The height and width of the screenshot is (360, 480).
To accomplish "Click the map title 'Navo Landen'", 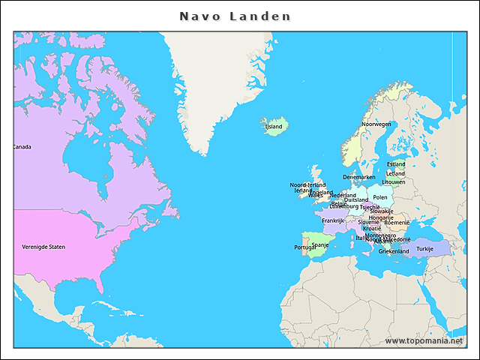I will coord(235,16).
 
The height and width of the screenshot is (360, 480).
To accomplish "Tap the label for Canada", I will coord(22,147).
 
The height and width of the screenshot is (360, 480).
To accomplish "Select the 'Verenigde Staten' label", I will coord(43,247).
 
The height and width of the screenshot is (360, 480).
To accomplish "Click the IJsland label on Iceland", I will coord(274,127).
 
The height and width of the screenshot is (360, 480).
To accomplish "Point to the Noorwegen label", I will coord(376,124).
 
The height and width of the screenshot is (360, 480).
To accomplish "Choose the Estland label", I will coord(396,164).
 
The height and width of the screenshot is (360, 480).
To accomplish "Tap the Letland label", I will coord(395,173).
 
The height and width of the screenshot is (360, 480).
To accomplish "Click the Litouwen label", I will coord(394,182).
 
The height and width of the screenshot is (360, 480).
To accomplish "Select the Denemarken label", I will coord(359,177).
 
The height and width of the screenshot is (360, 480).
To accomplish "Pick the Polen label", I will coord(380,197).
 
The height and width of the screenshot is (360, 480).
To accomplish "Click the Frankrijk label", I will coord(333,220).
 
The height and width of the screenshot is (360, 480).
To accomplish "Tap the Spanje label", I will coord(320,244).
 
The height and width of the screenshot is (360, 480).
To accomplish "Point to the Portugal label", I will coord(304,247).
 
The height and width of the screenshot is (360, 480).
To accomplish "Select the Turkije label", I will coord(425,248).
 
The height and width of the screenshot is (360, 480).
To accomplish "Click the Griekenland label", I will coord(394,251).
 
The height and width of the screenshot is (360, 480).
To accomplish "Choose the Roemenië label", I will coord(397,223).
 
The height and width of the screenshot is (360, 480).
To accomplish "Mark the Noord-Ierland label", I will coord(307,184).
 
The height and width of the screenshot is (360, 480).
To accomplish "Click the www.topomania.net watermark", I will coord(424,340).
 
